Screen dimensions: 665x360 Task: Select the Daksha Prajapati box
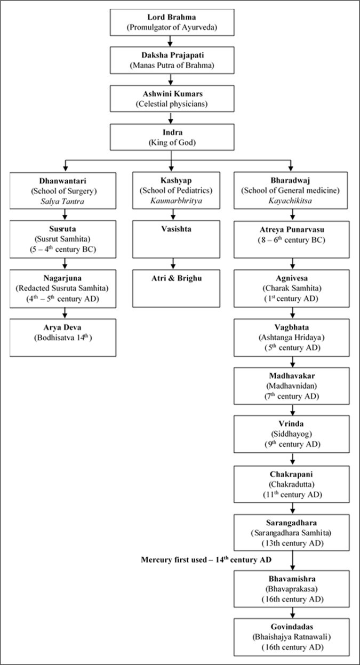171,59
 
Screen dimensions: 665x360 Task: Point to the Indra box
171,137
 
